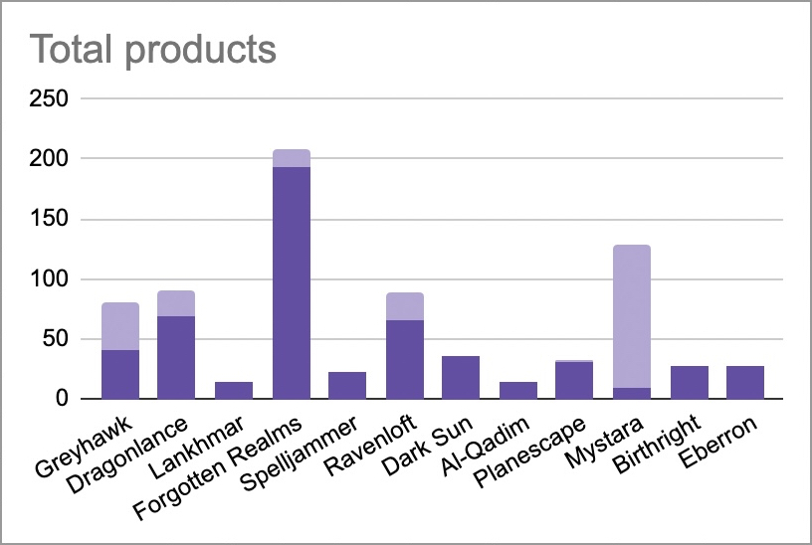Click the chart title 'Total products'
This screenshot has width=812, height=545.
click(x=152, y=49)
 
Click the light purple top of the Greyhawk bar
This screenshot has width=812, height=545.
click(x=120, y=326)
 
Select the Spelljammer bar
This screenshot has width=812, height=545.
click(x=347, y=386)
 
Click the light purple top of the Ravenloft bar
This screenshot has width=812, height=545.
click(x=405, y=306)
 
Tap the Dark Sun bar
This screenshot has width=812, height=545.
click(x=462, y=378)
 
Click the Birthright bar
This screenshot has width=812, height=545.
click(x=689, y=383)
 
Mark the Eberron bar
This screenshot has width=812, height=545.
click(x=745, y=383)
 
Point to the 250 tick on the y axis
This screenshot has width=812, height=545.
click(x=49, y=99)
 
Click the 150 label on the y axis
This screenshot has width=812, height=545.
click(x=49, y=220)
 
